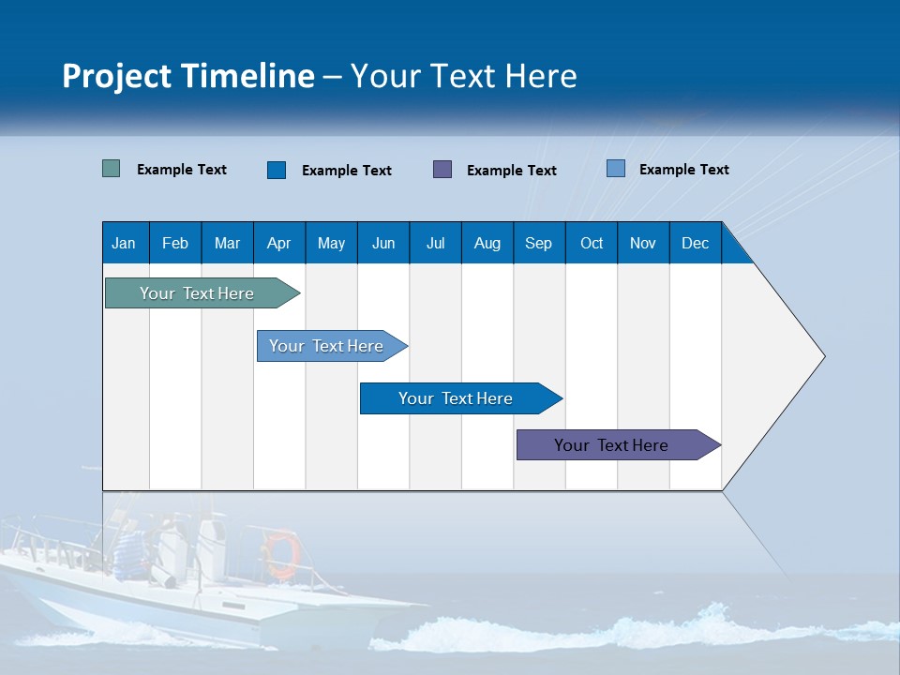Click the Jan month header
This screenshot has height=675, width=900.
point(125,243)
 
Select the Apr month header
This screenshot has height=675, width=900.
point(278,243)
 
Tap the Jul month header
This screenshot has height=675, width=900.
point(435,243)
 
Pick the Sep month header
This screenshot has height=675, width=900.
point(538,243)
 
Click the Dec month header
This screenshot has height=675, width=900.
point(695,243)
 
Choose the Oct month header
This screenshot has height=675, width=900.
point(591,243)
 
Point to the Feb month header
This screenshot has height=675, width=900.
point(175,243)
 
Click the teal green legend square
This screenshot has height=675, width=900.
point(111,169)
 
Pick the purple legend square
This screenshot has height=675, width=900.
point(442,170)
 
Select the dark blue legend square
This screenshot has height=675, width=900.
point(277,170)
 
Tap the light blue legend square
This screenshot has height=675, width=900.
point(616,169)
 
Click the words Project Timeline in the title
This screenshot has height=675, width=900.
point(188,76)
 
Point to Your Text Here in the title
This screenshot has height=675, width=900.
point(464,76)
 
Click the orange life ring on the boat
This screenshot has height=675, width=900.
point(282,554)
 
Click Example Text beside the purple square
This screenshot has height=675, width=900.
point(511,171)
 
